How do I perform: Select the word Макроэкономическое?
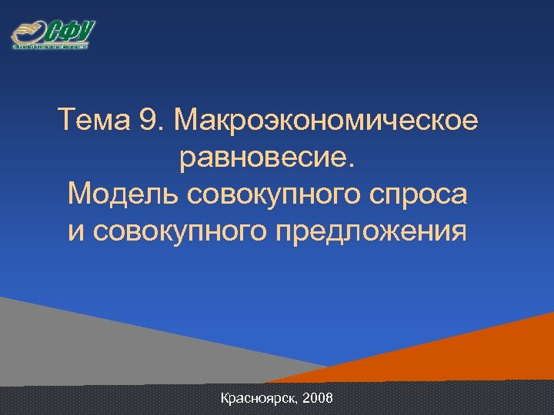pyautogui.click(x=326, y=121)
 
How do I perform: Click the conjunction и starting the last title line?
pyautogui.click(x=75, y=231)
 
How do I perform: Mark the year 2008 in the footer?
pyautogui.click(x=319, y=399)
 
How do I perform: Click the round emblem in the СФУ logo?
pyautogui.click(x=28, y=33)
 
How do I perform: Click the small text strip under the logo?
pyautogui.click(x=51, y=47)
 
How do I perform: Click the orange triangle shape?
pyautogui.click(x=492, y=354)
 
